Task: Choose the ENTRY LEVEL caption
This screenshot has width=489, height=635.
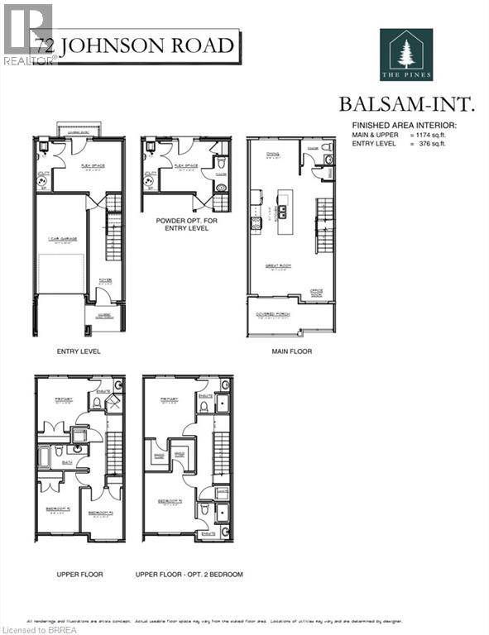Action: (x=79, y=351)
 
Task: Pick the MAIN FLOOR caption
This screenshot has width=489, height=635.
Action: (x=291, y=351)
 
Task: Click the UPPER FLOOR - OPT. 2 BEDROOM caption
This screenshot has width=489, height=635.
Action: (x=190, y=573)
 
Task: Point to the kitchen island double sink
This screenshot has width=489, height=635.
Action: (x=281, y=211)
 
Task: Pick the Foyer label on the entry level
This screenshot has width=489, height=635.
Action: (x=106, y=279)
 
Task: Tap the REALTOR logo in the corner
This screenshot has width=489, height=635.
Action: (x=28, y=33)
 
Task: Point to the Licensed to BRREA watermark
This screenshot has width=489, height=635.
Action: (x=36, y=628)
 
